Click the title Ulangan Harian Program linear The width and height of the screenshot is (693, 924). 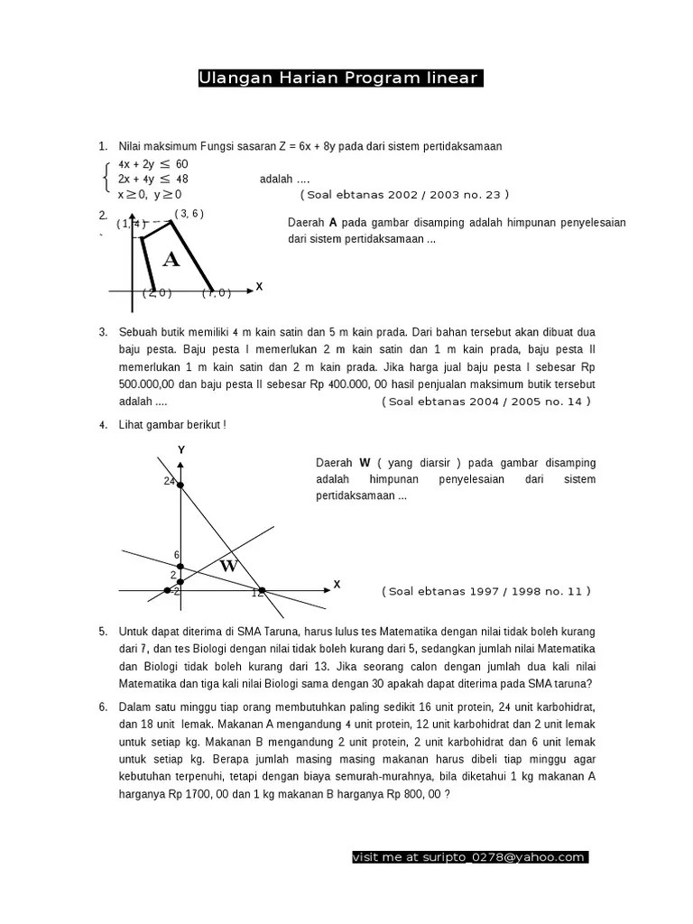click(x=340, y=79)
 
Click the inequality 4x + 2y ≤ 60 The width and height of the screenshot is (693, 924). click(x=152, y=164)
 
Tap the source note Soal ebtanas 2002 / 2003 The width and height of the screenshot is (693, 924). click(x=405, y=194)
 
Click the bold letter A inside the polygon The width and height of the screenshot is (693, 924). click(x=171, y=261)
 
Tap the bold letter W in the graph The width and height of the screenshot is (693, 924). click(x=228, y=567)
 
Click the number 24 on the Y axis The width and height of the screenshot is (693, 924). click(x=169, y=481)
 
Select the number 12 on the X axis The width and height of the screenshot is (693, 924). click(x=257, y=593)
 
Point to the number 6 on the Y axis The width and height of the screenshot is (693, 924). click(x=177, y=555)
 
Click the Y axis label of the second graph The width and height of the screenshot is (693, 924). click(x=181, y=449)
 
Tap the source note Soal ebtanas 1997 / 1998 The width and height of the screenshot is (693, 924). click(x=486, y=591)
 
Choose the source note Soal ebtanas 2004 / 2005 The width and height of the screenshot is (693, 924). click(x=486, y=402)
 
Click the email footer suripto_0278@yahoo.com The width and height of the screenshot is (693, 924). click(x=469, y=857)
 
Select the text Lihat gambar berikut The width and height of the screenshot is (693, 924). click(x=171, y=425)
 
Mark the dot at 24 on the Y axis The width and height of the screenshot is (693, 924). click(x=180, y=486)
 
